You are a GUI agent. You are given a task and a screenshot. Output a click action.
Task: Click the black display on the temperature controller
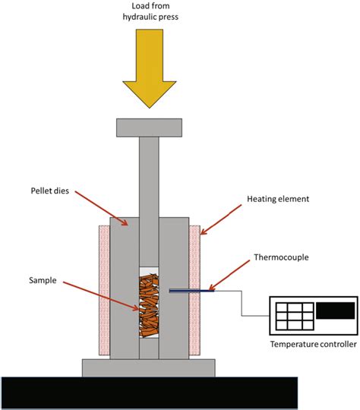[x=335, y=310]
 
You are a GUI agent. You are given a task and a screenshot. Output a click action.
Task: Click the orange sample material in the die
[x=150, y=307]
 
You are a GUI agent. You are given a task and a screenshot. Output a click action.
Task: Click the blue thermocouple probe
[x=191, y=290]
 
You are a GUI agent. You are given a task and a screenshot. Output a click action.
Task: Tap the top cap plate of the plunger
[x=149, y=128]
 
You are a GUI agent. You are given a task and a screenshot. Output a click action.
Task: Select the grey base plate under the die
[x=149, y=367]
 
